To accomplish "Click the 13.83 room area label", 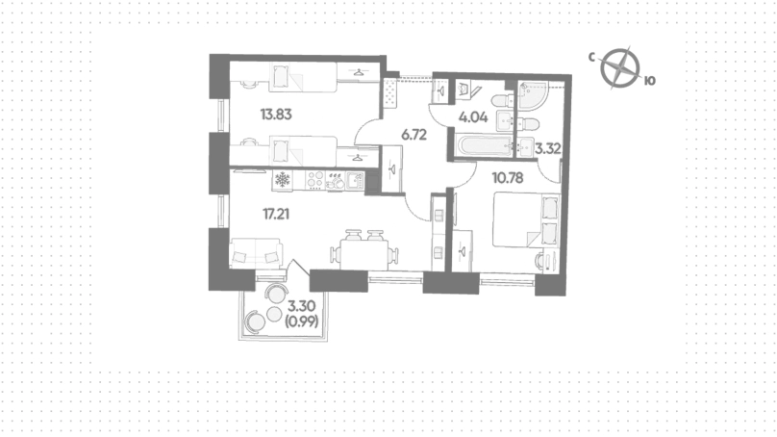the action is (x=276, y=115).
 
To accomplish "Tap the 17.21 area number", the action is (x=276, y=215).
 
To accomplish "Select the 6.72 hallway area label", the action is (x=414, y=135).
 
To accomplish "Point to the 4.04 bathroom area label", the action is (x=473, y=117).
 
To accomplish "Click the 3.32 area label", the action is (x=548, y=149).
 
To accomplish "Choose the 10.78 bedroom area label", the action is (x=508, y=177).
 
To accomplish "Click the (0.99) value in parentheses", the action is (x=302, y=321).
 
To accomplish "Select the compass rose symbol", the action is (x=620, y=67).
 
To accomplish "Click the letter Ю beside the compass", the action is (x=650, y=81).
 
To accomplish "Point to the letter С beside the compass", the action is (x=591, y=58).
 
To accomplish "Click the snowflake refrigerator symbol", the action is (x=283, y=180).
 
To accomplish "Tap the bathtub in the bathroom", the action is (x=485, y=146).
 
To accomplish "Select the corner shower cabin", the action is (x=532, y=95).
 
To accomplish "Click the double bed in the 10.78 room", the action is (x=526, y=219).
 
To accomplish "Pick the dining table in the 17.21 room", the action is (x=364, y=254).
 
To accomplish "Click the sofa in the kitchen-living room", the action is (x=256, y=253).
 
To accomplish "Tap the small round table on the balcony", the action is (x=274, y=313).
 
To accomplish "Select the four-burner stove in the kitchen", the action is (x=315, y=180).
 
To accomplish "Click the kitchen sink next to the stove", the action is (x=355, y=180).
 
